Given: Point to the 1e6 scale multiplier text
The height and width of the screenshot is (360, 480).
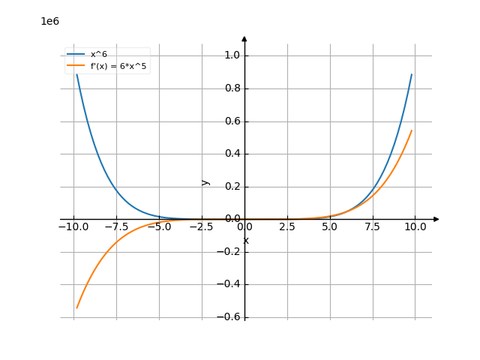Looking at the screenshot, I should coord(49,21).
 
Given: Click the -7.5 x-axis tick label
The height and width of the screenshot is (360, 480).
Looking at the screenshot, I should coord(115,226).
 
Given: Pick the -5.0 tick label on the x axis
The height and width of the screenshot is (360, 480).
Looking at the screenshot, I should coord(158,226).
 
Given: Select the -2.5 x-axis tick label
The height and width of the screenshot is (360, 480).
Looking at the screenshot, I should coord(201,226).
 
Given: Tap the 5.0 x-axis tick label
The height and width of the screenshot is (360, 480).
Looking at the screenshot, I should coord(330,226).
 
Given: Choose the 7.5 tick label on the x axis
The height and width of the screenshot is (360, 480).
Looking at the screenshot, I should coord(373,226).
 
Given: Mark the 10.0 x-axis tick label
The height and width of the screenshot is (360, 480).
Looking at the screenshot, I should coord(415,226).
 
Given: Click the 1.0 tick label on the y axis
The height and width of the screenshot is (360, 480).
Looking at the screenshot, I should coord(232,55).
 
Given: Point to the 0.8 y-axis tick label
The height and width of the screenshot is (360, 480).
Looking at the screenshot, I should coord(232,88).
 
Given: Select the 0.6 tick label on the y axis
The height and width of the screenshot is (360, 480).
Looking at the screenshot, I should coord(232,121).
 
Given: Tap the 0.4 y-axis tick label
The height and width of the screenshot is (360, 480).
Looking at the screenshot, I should coord(232,154).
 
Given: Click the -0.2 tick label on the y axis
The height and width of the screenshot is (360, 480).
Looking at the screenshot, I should coord(229,252).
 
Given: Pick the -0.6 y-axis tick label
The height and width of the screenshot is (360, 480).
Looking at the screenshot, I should coord(229,317).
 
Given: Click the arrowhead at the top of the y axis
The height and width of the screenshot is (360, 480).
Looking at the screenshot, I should coord(244,37).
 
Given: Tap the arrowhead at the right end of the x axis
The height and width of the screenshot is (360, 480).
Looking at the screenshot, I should coord(436,219).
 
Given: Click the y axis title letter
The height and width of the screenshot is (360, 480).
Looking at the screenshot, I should coord(205,182).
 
